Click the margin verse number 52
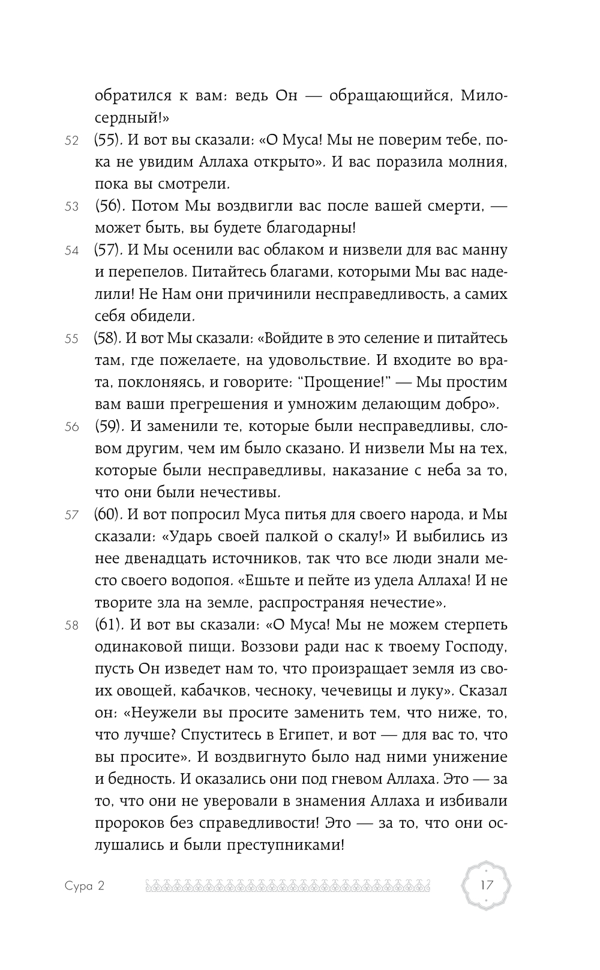pos(71,141)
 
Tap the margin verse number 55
pos(71,339)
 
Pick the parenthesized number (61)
pos(108,625)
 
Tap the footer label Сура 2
pos(83,886)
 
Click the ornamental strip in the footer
pos(291,886)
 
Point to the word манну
pos(481,250)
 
